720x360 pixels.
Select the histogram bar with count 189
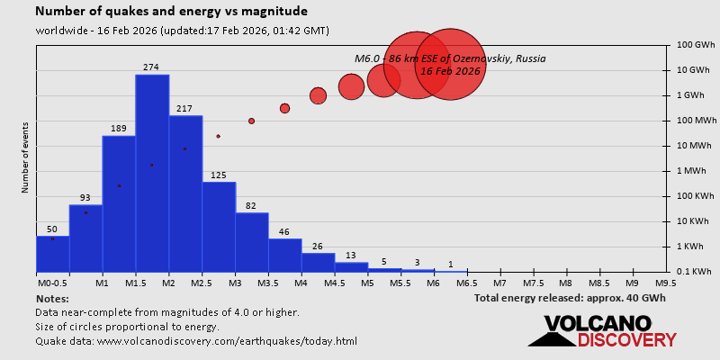[x=119, y=203]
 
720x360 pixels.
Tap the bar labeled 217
[x=185, y=193]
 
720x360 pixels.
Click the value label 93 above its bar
[x=85, y=198]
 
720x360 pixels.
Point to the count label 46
[x=285, y=232]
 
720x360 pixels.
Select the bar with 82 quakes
[x=252, y=242]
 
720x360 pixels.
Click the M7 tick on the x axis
[x=500, y=283]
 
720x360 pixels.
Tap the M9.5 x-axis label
[x=666, y=283]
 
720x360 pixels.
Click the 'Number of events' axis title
[x=25, y=160]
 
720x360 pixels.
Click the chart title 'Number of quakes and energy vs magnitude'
[x=171, y=12]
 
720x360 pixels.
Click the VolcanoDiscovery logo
[x=602, y=330]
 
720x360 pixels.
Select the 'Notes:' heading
[x=52, y=298]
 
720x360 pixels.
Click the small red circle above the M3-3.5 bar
[x=251, y=121]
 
